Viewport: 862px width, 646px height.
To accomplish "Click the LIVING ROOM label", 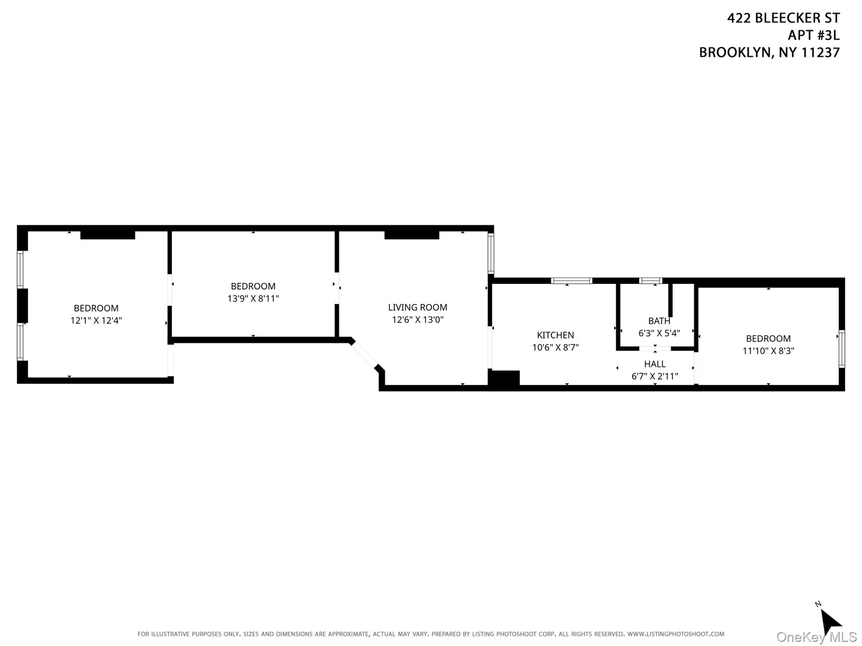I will [417, 307].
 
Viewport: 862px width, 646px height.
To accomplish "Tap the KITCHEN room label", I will [555, 335].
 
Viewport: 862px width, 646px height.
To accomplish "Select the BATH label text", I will [659, 321].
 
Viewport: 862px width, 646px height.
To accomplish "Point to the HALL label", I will [655, 364].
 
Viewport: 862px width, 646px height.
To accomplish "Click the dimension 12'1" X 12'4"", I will [96, 321].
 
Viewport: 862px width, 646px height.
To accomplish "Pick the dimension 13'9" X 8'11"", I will [253, 298].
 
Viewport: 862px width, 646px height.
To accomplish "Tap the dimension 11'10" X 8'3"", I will [768, 350].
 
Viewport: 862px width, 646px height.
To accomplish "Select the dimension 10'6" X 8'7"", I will [555, 347].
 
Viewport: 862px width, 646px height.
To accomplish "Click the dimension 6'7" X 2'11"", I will [655, 376].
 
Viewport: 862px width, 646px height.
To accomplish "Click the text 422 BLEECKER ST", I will [783, 18].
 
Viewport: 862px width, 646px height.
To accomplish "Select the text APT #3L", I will [813, 35].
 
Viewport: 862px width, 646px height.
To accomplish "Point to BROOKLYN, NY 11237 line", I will [769, 53].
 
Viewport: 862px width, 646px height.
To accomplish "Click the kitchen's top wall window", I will [571, 281].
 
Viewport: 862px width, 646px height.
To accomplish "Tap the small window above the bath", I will [651, 281].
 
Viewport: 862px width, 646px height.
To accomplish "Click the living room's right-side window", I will [490, 253].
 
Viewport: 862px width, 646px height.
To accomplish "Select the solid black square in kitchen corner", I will [504, 379].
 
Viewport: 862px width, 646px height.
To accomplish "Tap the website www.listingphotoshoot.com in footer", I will [676, 634].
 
